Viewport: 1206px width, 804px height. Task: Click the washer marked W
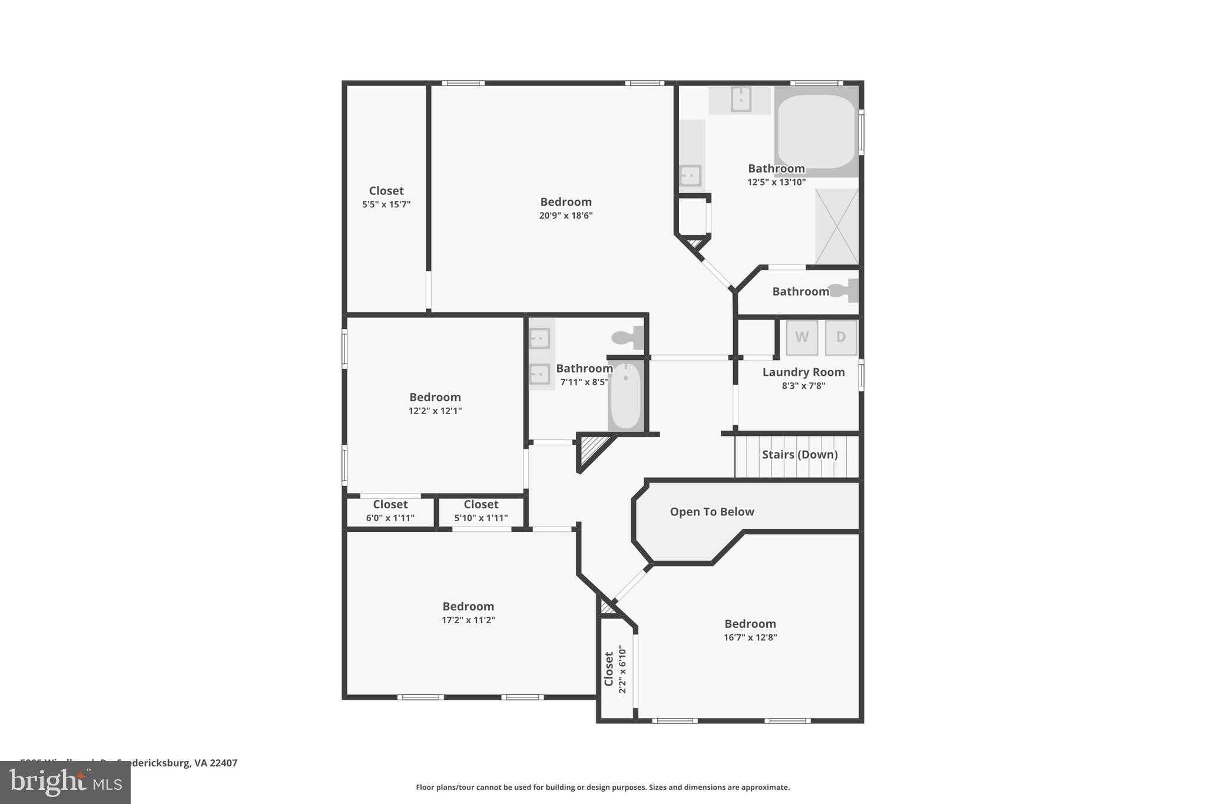pos(801,338)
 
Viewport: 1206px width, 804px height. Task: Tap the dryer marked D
pos(840,338)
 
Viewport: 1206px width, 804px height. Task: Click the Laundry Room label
pos(803,372)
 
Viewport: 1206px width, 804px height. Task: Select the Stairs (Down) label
pos(799,455)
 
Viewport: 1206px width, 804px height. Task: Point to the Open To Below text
pos(712,512)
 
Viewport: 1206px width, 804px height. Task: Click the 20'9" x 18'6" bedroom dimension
pos(565,216)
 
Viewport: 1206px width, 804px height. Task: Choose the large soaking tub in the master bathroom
pos(816,131)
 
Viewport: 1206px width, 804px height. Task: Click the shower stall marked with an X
pos(836,227)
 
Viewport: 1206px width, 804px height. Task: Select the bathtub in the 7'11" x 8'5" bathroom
pos(625,396)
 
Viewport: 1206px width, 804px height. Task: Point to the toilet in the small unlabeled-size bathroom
pos(844,290)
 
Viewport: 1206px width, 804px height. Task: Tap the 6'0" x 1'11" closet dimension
pos(390,518)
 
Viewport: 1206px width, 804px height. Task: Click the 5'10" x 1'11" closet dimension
pos(481,518)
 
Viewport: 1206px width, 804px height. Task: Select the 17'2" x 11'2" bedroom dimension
pos(468,620)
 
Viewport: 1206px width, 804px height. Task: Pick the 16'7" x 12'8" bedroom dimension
pos(750,637)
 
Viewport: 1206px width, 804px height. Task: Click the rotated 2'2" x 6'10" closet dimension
pos(622,669)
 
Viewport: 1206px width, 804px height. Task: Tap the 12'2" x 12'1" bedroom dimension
pos(435,411)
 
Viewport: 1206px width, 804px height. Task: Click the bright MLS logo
pos(65,782)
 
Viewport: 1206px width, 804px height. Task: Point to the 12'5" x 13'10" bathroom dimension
pos(776,183)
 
